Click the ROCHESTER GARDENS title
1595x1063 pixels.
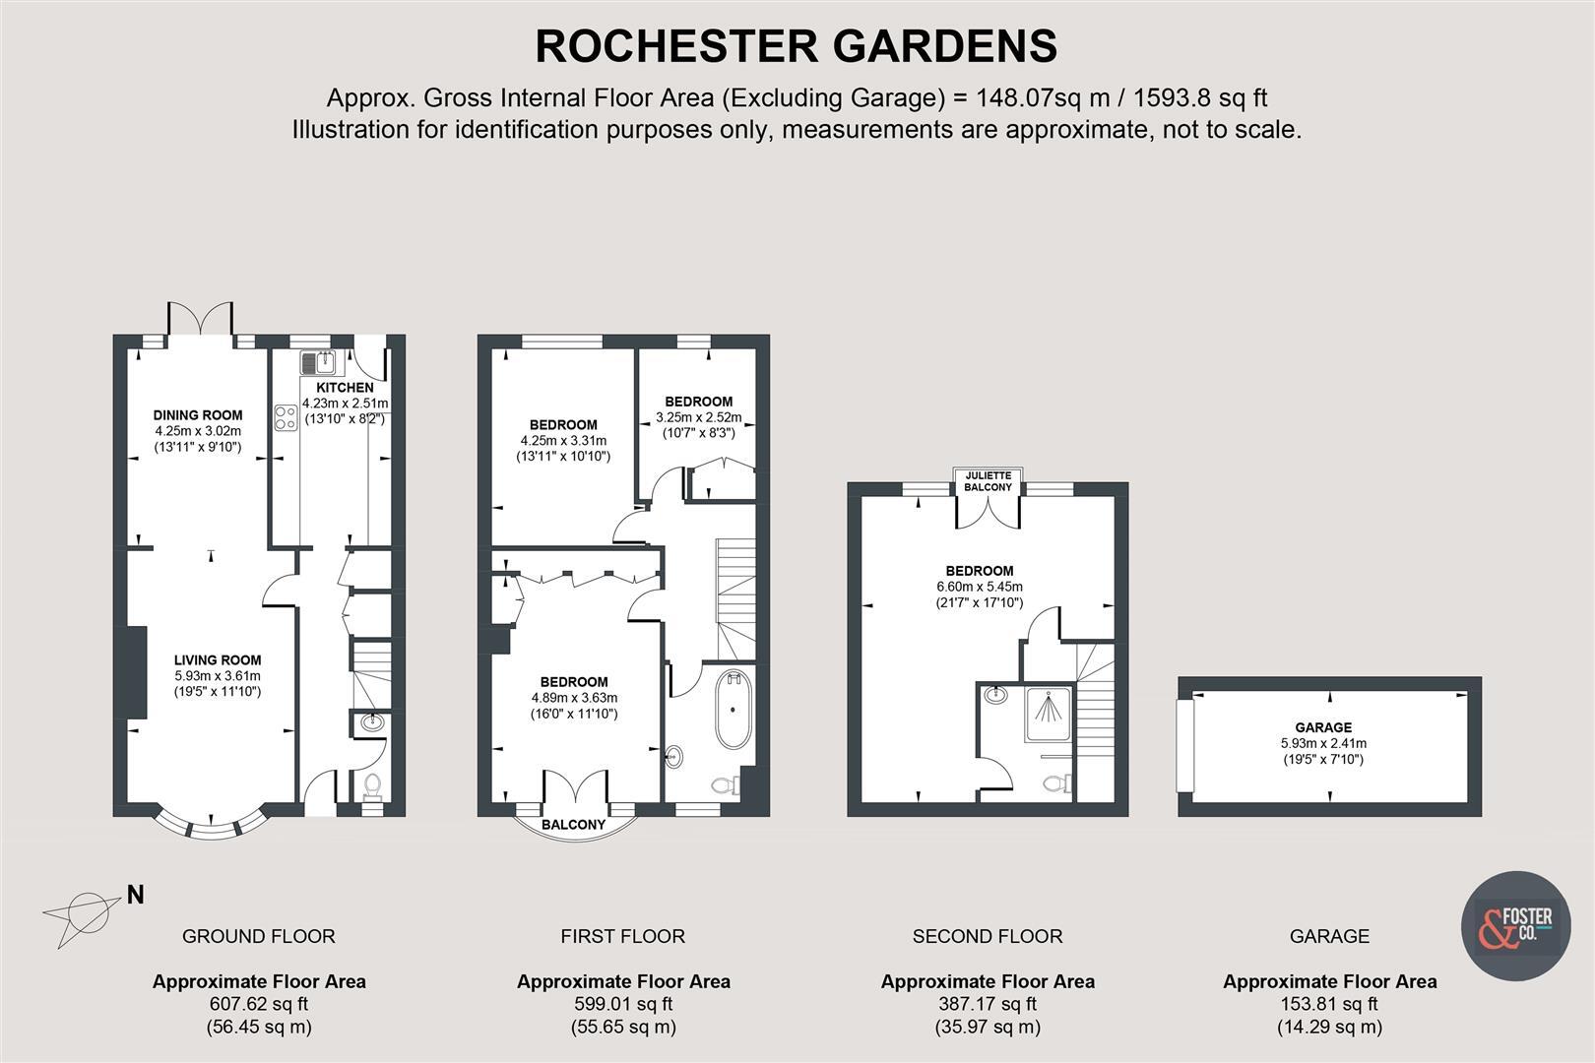click(x=796, y=46)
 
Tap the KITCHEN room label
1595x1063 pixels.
click(x=345, y=388)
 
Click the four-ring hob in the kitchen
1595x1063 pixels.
click(x=286, y=418)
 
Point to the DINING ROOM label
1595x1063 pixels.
click(x=197, y=415)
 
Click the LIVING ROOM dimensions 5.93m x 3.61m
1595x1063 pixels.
click(x=218, y=676)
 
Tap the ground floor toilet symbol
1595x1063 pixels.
click(x=372, y=785)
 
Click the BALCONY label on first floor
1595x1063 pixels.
click(x=573, y=825)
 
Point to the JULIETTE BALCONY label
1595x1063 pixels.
click(x=988, y=481)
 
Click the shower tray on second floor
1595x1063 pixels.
click(x=1049, y=716)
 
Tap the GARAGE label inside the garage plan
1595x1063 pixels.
click(x=1322, y=727)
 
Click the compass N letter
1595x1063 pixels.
click(x=136, y=895)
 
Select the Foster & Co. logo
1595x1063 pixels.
click(x=1514, y=926)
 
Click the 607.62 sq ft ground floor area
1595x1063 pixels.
click(x=258, y=1004)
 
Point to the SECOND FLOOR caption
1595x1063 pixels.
click(x=988, y=936)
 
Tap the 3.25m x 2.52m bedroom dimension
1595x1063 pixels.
click(x=698, y=417)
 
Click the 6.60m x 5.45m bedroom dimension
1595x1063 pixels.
click(x=979, y=587)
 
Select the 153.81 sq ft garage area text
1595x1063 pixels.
click(x=1329, y=1004)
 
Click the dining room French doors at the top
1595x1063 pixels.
click(x=201, y=319)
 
